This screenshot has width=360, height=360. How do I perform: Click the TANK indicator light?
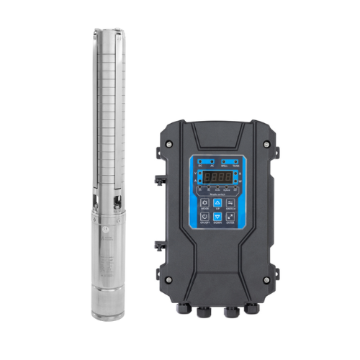pyautogui.click(x=235, y=161)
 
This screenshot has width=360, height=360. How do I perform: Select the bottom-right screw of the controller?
pyautogui.click(x=270, y=280)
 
